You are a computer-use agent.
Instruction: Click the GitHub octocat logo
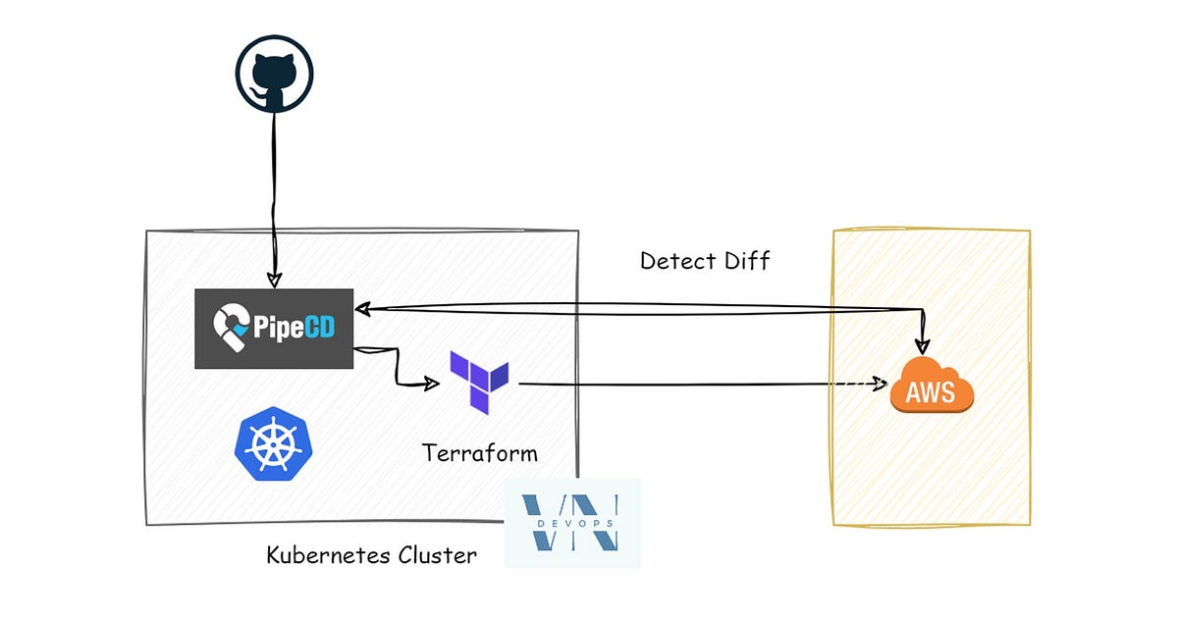click(273, 79)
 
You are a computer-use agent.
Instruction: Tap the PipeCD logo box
click(274, 329)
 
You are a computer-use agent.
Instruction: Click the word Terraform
click(480, 454)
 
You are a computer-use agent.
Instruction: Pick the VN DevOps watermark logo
click(572, 523)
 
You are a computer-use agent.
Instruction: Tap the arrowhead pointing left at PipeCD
click(363, 309)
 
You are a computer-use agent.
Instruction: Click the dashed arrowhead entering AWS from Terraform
click(881, 385)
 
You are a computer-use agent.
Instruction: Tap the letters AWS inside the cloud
click(930, 394)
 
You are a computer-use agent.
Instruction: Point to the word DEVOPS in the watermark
click(573, 523)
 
